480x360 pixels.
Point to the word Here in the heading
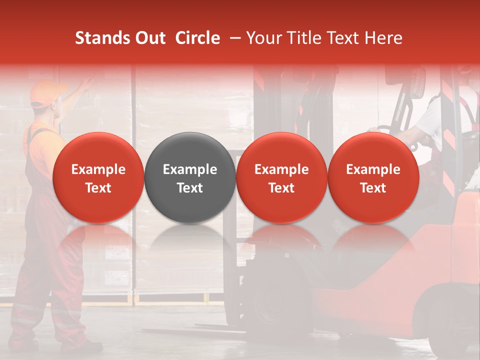383,38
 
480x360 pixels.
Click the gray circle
190,177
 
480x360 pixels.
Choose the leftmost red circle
98,177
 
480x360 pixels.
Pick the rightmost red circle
373,177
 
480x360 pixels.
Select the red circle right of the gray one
281,177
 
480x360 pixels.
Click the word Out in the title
149,38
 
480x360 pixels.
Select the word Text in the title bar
343,38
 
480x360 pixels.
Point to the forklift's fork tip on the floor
150,330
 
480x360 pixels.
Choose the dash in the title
233,38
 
